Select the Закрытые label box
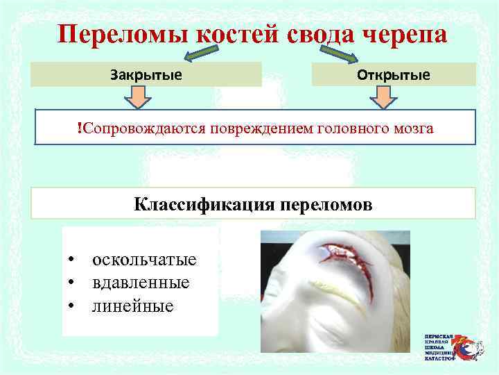[x=146, y=74]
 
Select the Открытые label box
[x=393, y=74]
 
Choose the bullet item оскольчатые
[x=144, y=260]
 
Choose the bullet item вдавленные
[x=140, y=283]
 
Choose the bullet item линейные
[x=132, y=305]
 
